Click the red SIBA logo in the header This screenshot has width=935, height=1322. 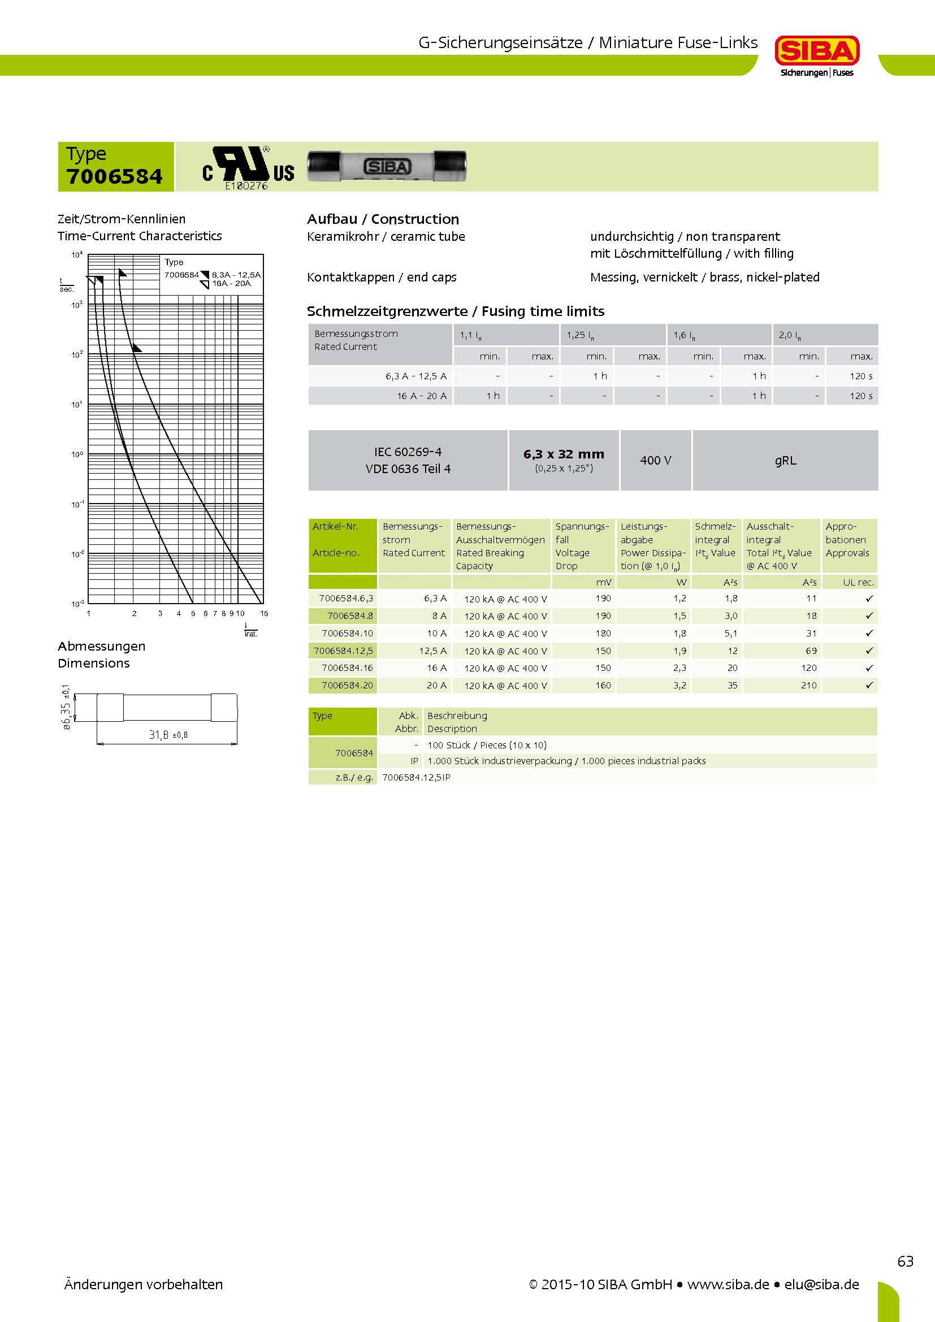coord(816,52)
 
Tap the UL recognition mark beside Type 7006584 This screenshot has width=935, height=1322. coord(248,167)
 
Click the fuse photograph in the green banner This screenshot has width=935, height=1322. coord(387,166)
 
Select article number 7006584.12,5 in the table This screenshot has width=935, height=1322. coord(343,651)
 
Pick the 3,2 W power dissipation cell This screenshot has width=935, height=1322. coord(679,685)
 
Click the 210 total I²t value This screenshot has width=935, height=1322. coord(808,685)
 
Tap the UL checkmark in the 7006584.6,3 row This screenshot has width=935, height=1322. coord(869,599)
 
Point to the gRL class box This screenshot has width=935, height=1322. coord(785,461)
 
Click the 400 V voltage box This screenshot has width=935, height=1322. coord(655,461)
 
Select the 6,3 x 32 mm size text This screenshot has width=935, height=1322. coord(564,454)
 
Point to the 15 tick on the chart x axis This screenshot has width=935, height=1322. coord(263,613)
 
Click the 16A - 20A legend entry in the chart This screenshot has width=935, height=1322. coord(231,283)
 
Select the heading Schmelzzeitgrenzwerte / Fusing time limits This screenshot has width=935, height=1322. coord(456,311)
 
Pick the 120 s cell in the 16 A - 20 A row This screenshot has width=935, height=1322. coord(861,396)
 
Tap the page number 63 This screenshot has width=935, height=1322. coord(905,1262)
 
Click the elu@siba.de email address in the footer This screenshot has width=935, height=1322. coord(821,1285)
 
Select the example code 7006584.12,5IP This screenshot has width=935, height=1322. coord(416,777)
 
